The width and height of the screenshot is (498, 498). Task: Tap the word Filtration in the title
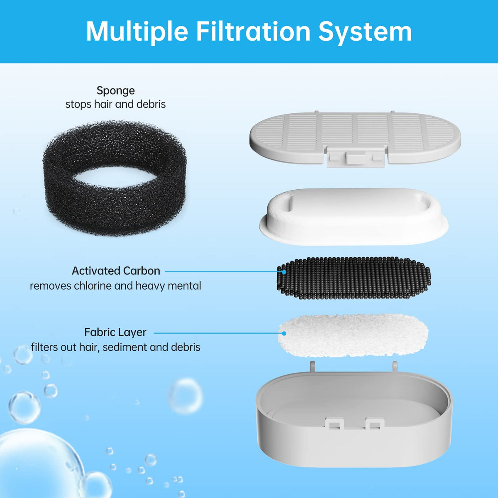pyautogui.click(x=253, y=32)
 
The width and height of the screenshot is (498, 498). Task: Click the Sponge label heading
pyautogui.click(x=115, y=91)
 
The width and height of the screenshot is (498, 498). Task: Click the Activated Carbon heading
pyautogui.click(x=116, y=271)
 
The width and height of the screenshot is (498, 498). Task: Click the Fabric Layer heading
pyautogui.click(x=115, y=332)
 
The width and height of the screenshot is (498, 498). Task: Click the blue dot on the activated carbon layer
pyautogui.click(x=284, y=272)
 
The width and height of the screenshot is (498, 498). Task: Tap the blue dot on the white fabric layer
pyautogui.click(x=284, y=333)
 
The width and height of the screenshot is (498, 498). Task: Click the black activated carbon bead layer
pyautogui.click(x=354, y=278)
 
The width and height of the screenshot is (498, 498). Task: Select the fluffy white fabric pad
pyautogui.click(x=353, y=336)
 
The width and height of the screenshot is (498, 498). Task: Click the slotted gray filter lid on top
pyautogui.click(x=355, y=139)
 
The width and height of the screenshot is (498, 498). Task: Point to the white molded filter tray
pyautogui.click(x=354, y=217)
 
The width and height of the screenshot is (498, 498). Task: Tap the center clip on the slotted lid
pyautogui.click(x=356, y=158)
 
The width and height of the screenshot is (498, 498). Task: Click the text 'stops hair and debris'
pyautogui.click(x=115, y=104)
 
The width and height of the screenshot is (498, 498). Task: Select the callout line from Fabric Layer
pyautogui.click(x=219, y=333)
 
